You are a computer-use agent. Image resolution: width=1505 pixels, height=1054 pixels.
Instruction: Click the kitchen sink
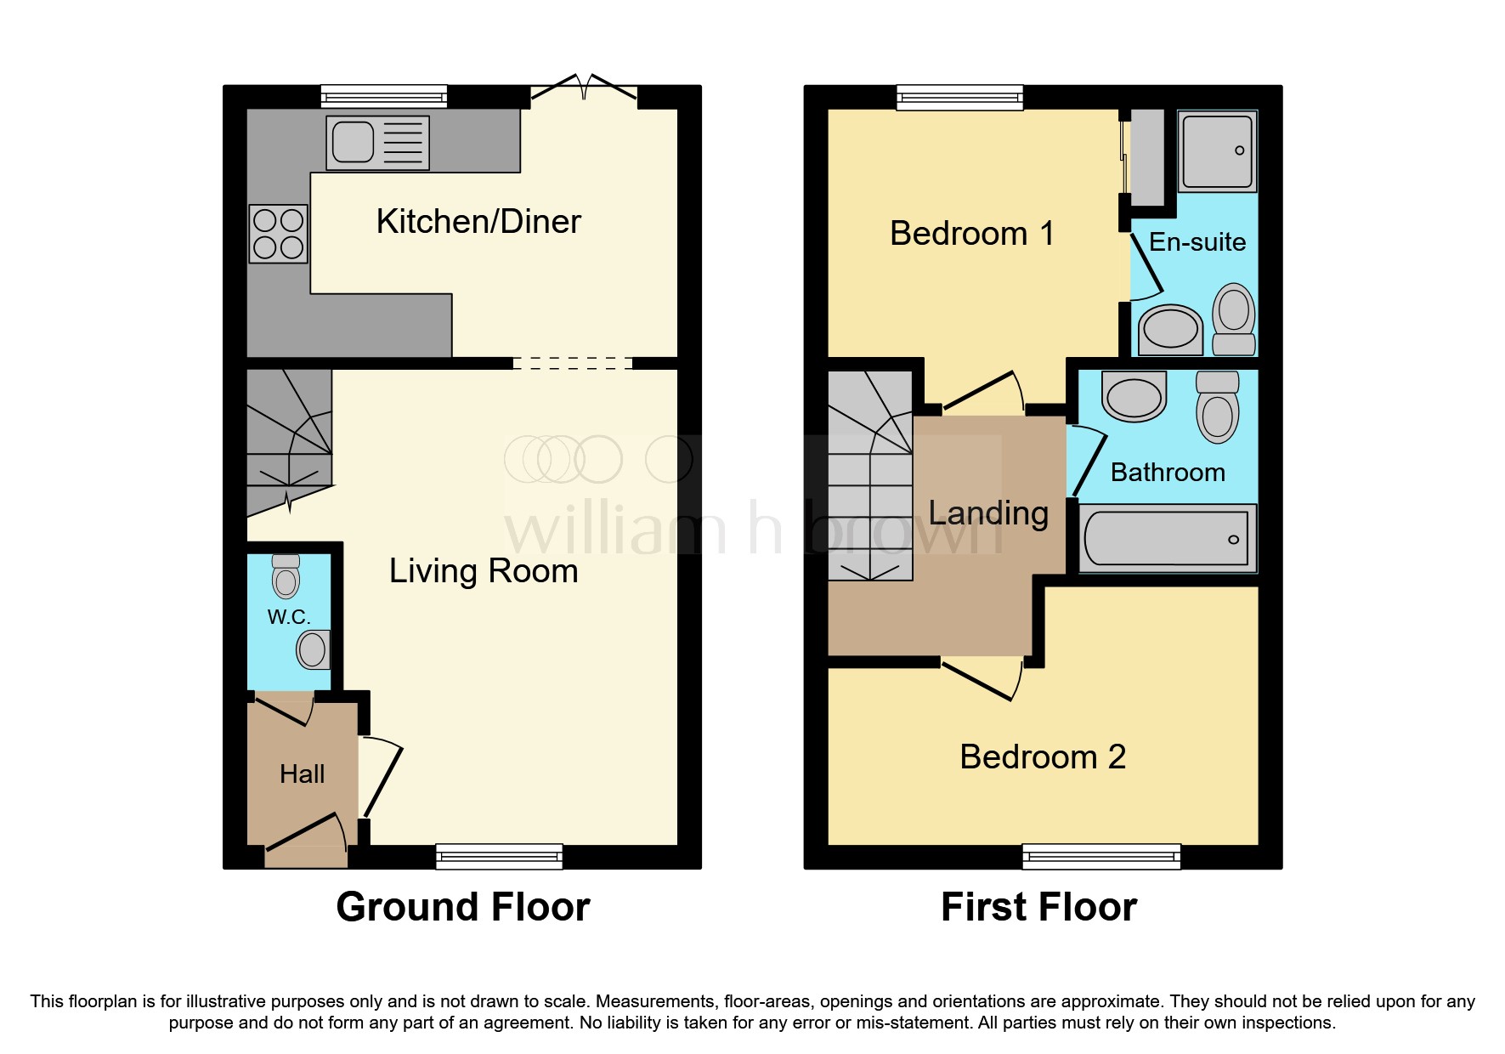click(x=377, y=142)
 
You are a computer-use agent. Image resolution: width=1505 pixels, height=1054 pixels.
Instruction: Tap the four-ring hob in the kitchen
click(x=279, y=234)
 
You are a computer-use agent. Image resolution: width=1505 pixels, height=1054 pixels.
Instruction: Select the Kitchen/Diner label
click(x=478, y=222)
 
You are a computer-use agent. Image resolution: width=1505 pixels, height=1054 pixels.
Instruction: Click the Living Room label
click(x=484, y=571)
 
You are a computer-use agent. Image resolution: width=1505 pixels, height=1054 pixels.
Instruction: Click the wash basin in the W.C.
click(x=313, y=650)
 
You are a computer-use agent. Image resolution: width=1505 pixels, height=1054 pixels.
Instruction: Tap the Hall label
click(x=302, y=774)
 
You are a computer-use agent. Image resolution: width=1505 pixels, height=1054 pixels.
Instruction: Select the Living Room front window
click(x=499, y=856)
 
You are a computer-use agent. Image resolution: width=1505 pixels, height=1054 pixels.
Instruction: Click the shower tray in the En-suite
click(x=1217, y=151)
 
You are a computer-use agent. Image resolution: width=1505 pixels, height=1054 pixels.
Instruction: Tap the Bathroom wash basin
click(x=1134, y=397)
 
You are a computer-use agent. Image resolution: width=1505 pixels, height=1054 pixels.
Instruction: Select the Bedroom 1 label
click(x=971, y=234)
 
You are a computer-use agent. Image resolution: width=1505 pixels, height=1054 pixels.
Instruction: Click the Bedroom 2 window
click(x=1101, y=856)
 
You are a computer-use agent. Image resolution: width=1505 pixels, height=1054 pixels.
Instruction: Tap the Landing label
click(x=988, y=513)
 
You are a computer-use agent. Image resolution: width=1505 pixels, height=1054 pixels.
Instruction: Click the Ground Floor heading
click(x=463, y=907)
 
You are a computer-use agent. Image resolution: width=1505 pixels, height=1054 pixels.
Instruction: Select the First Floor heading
click(x=1038, y=907)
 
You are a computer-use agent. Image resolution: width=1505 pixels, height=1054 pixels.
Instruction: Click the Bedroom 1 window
click(x=959, y=97)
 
